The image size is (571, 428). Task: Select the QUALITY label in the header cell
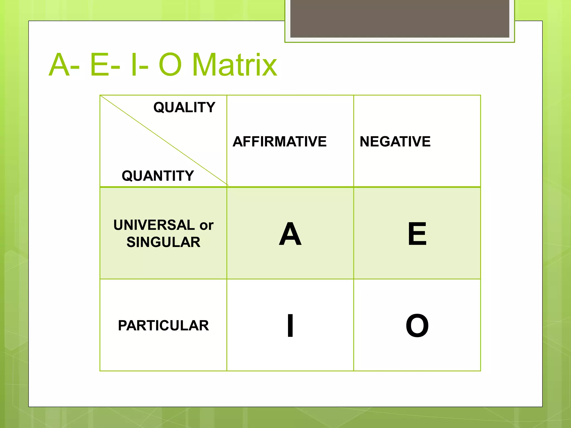click(184, 107)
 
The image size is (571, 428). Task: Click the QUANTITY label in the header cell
click(158, 176)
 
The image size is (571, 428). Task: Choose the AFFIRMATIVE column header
click(279, 142)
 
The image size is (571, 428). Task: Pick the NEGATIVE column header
click(395, 142)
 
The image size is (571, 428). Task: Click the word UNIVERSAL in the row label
click(154, 225)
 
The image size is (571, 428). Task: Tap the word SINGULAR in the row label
click(163, 242)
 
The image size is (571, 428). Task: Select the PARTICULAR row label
click(163, 325)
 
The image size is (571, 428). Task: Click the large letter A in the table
click(290, 234)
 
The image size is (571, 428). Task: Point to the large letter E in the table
click(417, 234)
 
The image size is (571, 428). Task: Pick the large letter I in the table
click(290, 325)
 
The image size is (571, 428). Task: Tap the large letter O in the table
click(417, 325)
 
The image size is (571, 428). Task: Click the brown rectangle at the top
click(400, 18)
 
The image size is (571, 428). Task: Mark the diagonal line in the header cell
click(164, 140)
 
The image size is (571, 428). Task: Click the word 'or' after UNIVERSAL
click(206, 225)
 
